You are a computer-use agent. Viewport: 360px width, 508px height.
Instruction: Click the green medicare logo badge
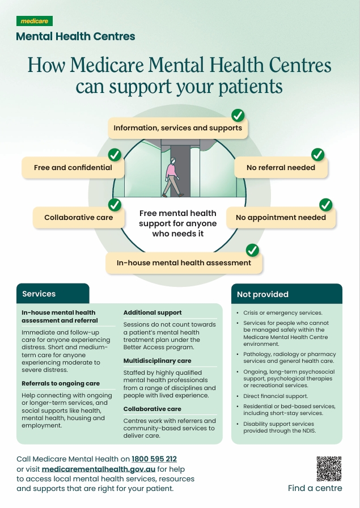(x=35, y=21)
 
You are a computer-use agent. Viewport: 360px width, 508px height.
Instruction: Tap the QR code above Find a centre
(x=329, y=469)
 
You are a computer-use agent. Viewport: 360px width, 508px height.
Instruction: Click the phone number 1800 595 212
(x=154, y=459)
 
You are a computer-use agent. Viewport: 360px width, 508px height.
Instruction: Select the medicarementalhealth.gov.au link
(x=99, y=469)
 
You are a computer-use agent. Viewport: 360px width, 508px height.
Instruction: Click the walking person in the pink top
(x=172, y=177)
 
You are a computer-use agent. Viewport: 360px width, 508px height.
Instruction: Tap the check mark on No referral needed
(x=318, y=155)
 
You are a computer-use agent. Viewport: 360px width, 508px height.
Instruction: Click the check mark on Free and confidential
(x=115, y=155)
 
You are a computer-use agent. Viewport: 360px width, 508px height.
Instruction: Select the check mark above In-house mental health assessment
(x=252, y=250)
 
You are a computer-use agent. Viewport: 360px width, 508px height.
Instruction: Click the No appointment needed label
(x=281, y=217)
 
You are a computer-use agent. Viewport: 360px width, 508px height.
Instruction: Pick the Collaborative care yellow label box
(x=79, y=217)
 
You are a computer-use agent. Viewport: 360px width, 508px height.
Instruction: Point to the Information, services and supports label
(x=178, y=128)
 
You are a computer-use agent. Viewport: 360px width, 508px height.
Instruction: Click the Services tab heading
(x=39, y=294)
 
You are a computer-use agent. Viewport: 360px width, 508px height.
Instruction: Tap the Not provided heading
(x=262, y=294)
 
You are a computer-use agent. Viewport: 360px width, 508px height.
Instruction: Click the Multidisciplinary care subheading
(x=157, y=361)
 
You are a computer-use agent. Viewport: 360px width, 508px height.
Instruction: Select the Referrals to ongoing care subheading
(x=61, y=383)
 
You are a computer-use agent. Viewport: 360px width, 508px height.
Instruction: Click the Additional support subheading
(x=153, y=312)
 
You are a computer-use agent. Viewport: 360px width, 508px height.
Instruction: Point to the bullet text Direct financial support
(x=276, y=396)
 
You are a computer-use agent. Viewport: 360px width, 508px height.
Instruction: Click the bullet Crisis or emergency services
(x=283, y=312)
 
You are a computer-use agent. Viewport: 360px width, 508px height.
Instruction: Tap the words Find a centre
(x=315, y=488)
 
